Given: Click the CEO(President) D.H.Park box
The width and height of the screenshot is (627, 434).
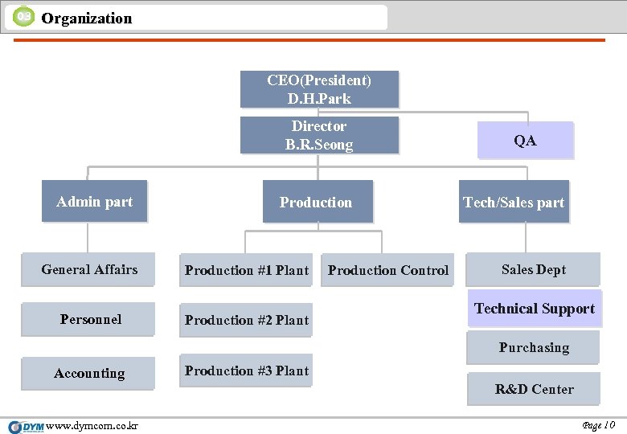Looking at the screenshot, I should [x=319, y=89].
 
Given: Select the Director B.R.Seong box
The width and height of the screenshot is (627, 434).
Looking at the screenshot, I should [x=319, y=135].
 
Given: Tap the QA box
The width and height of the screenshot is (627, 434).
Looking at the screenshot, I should [x=525, y=141].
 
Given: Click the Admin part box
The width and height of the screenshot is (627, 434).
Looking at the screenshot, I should [x=95, y=201].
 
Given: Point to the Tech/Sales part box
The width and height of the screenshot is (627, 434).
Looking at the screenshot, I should [x=514, y=202].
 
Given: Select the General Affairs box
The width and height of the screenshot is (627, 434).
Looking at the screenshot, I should [x=89, y=270].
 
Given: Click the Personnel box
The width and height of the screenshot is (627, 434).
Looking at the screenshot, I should [x=89, y=319].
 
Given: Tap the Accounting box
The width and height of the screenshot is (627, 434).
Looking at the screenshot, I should [x=89, y=373].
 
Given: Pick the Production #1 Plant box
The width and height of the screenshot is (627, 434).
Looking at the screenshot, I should [x=246, y=270].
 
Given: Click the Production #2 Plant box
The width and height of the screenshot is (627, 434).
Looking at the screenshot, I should [x=246, y=320].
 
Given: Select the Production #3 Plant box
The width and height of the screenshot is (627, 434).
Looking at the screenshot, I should [x=246, y=371].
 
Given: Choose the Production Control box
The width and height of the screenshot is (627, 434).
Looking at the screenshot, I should [x=388, y=270].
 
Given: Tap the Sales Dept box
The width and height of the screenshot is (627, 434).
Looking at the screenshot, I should [x=534, y=269].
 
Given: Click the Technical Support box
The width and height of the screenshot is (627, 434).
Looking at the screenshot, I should [x=534, y=309].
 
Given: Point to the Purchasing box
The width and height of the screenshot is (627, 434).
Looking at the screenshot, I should [x=534, y=347].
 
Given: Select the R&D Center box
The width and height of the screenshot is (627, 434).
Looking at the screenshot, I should [x=534, y=389].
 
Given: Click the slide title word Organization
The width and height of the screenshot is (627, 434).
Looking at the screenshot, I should [x=86, y=18].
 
